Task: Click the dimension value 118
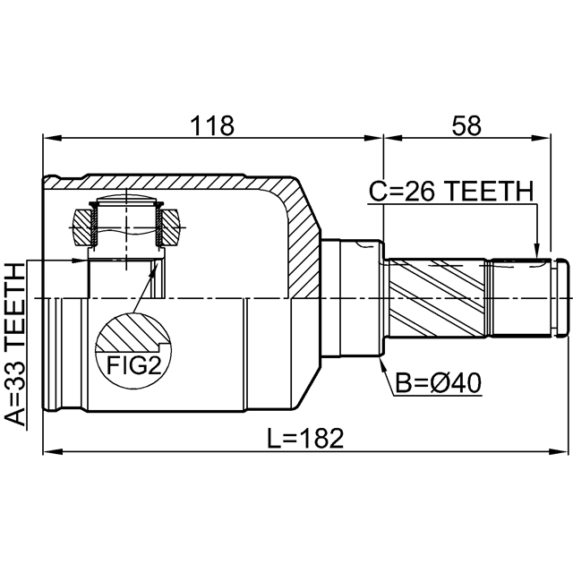[x=212, y=125]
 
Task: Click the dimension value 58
[x=466, y=125]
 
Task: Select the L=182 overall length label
[x=305, y=439]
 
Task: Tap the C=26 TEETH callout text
[x=451, y=192]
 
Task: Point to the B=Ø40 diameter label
[x=439, y=383]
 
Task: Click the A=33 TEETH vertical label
[x=16, y=344]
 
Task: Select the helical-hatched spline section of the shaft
[x=437, y=298]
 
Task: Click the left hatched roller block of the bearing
[x=83, y=227]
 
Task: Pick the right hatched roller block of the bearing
[x=170, y=227]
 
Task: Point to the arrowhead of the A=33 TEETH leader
[x=80, y=261]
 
